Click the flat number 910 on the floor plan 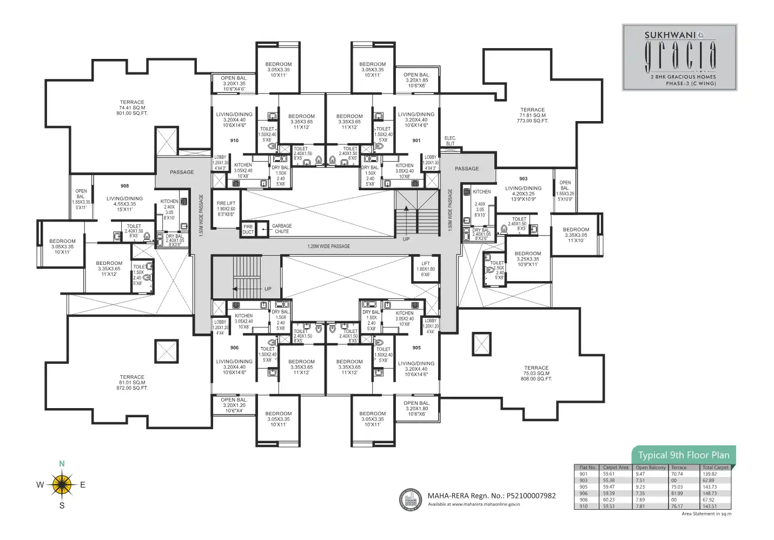click(x=234, y=141)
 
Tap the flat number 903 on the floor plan click(x=523, y=178)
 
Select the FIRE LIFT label click(x=226, y=209)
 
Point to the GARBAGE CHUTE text click(x=282, y=229)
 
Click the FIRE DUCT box click(x=248, y=229)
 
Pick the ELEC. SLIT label click(x=450, y=141)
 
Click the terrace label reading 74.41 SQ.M click(x=132, y=108)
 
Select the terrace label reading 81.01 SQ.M click(x=132, y=383)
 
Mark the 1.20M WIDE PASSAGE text click(x=329, y=246)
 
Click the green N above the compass click(x=62, y=464)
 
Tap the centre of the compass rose click(x=62, y=484)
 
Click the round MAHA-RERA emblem click(x=411, y=499)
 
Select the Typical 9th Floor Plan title click(x=683, y=455)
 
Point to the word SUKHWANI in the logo click(x=670, y=35)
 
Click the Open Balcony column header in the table click(x=651, y=468)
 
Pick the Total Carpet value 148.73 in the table click(x=710, y=494)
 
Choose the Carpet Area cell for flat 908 click(x=608, y=500)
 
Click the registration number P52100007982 click(x=531, y=496)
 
